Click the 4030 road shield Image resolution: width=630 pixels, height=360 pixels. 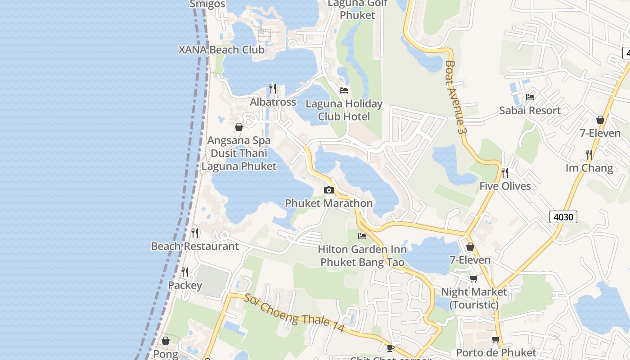563,217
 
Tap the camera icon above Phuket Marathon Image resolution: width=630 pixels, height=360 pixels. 329,190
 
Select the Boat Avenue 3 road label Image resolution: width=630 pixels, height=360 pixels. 454,97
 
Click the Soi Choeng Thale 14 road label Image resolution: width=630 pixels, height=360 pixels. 294,313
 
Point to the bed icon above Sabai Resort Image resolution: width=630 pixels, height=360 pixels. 530,97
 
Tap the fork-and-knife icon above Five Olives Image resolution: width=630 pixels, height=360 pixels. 505,172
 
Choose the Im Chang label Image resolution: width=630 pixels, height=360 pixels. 589,168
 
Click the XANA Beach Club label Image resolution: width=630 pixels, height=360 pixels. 221,49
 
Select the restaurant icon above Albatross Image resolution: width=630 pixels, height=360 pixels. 273,88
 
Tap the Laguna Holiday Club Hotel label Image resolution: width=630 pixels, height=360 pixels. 344,110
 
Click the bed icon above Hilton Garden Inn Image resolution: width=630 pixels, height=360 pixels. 362,236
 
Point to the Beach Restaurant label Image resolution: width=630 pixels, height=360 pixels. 195,246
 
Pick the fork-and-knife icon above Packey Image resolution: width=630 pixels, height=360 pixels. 184,272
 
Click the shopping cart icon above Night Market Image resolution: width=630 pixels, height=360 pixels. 473,279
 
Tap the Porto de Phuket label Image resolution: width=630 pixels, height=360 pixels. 496,352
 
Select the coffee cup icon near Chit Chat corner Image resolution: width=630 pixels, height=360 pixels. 391,347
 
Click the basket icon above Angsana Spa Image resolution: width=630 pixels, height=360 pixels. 239,127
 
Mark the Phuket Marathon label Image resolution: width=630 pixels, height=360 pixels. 329,203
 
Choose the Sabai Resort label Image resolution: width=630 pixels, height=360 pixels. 530,110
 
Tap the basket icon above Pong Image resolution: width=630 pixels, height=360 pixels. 166,341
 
